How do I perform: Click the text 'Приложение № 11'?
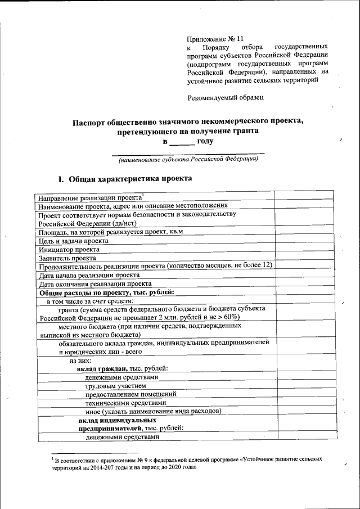pos(216,39)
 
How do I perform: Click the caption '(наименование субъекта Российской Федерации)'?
pos(188,160)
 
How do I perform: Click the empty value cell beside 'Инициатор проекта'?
pos(305,249)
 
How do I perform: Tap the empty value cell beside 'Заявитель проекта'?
pos(305,258)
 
